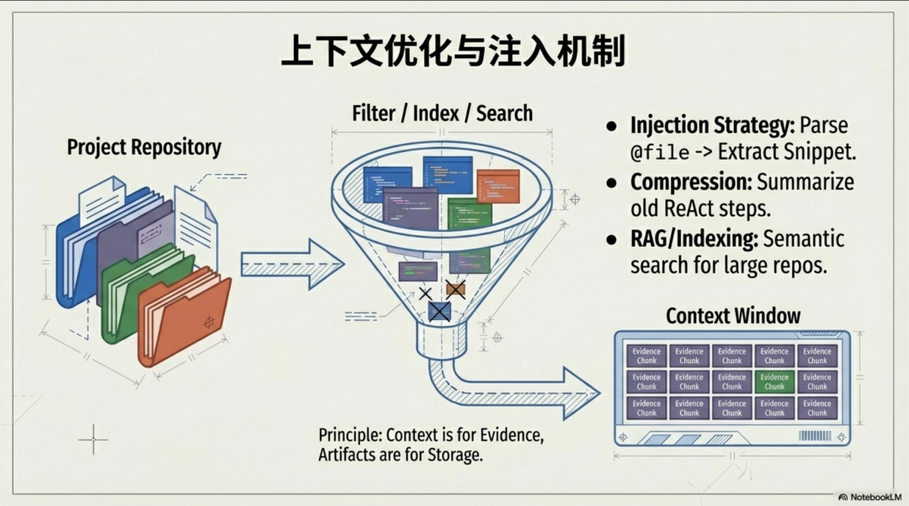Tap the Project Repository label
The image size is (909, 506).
point(144,147)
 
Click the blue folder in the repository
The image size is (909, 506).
point(72,252)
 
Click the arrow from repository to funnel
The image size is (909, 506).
point(290,263)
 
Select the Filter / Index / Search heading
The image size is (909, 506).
point(442,113)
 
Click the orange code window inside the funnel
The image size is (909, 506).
point(497,186)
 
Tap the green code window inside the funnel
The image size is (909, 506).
point(470,215)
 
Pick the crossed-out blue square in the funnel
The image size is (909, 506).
point(439,312)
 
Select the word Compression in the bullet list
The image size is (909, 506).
point(690,182)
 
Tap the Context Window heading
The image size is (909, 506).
point(733,316)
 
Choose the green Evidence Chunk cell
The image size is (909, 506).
point(774,382)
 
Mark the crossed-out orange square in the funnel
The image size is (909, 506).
point(455,290)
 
